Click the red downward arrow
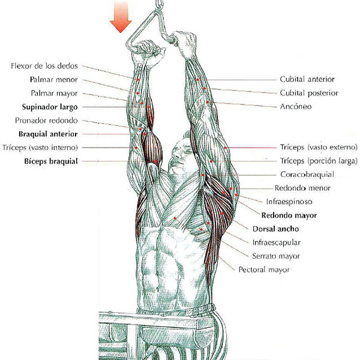(121, 17)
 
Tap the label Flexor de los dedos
(44, 66)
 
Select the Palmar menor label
(54, 79)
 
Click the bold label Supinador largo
(50, 107)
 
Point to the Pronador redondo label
(46, 121)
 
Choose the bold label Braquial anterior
(48, 134)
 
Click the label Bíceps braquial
(51, 161)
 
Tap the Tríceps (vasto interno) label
(40, 148)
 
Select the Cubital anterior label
(307, 79)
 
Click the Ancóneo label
(296, 107)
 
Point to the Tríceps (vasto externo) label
(319, 147)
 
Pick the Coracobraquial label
(307, 175)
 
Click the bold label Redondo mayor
(289, 215)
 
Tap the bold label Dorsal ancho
(276, 229)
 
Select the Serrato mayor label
(276, 256)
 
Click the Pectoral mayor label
(264, 269)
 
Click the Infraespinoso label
(289, 202)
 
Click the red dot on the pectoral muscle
(175, 218)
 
